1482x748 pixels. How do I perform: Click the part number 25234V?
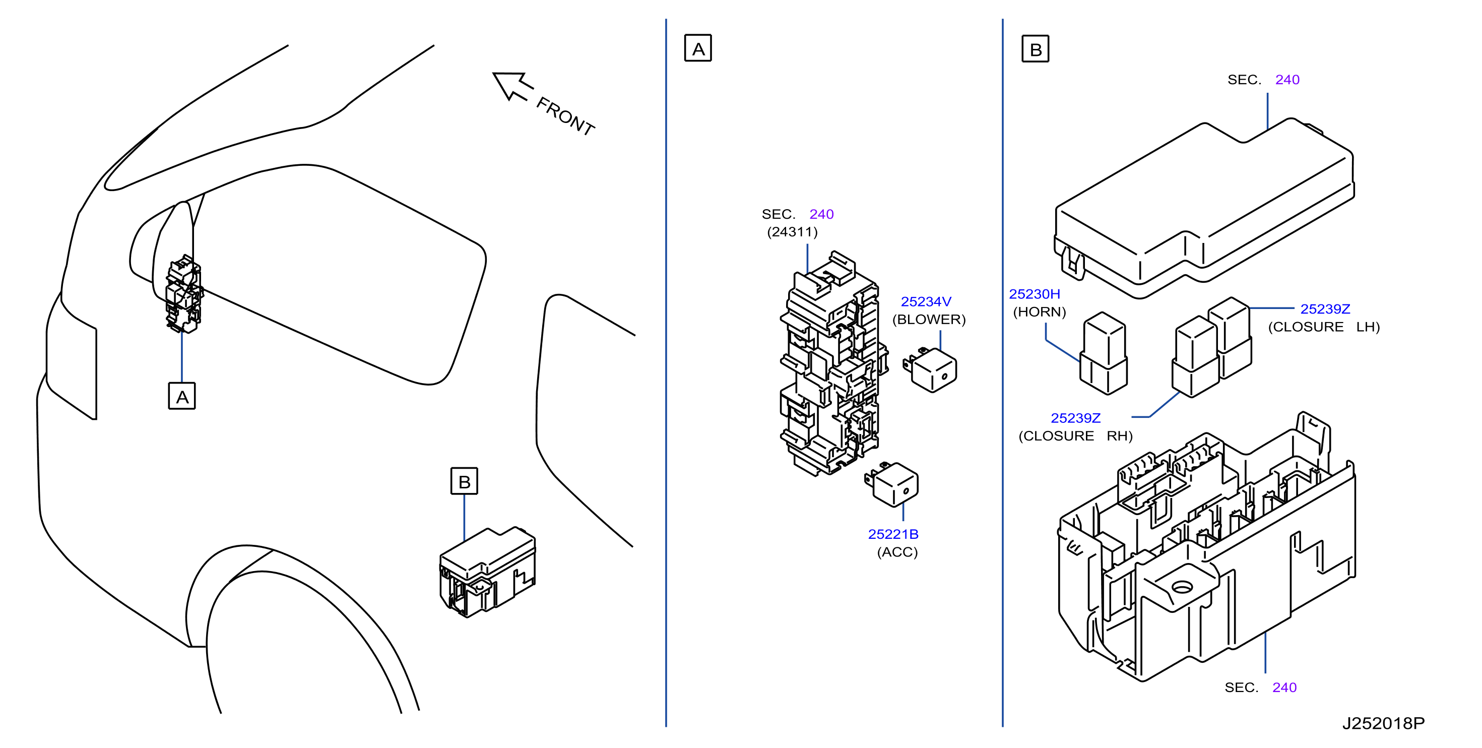coord(926,301)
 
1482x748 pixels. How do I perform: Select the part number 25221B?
coord(893,534)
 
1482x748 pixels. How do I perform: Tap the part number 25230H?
coord(1035,294)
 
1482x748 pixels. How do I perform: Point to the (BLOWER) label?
coord(929,320)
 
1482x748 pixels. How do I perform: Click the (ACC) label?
coord(897,552)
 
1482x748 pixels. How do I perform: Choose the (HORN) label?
coord(1039,312)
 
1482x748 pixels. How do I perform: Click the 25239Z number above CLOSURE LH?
coord(1325,309)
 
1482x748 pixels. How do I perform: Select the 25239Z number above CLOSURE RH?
coord(1075,418)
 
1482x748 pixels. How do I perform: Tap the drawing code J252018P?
coord(1383,723)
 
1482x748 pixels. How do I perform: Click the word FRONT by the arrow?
coord(565,117)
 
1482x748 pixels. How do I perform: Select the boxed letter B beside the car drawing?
coord(464,481)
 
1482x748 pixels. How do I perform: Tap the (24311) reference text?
coord(792,232)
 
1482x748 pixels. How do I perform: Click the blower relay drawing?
coord(930,370)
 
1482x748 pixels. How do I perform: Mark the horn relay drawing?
coord(1104,353)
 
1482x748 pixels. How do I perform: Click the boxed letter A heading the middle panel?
coord(698,48)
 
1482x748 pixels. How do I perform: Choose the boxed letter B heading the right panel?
coord(1035,49)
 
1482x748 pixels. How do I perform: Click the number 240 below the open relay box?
coord(1284,688)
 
